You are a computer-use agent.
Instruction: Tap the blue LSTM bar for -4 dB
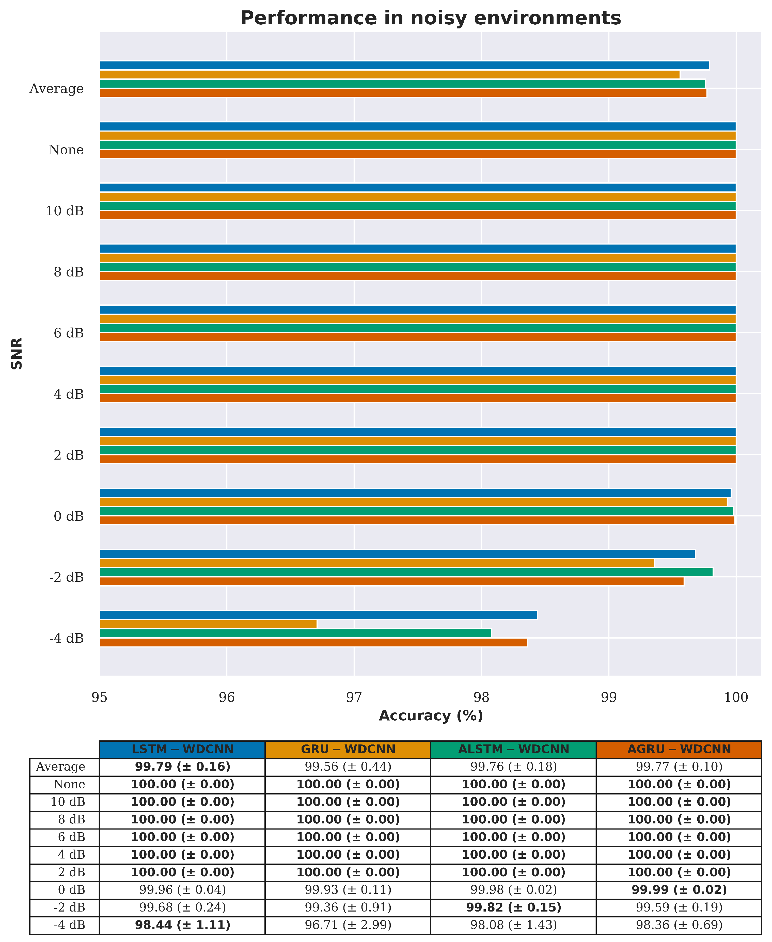[318, 615]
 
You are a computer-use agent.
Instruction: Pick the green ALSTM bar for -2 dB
[406, 572]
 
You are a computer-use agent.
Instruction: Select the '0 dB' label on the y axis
[69, 516]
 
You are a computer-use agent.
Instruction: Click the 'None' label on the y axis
[66, 150]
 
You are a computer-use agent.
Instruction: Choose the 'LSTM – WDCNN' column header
[182, 749]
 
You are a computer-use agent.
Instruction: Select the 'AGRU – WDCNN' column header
[679, 749]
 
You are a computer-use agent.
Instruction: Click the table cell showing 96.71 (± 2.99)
[348, 925]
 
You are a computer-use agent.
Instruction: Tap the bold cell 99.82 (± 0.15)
[513, 907]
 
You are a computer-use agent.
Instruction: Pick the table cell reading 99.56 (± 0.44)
[348, 767]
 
